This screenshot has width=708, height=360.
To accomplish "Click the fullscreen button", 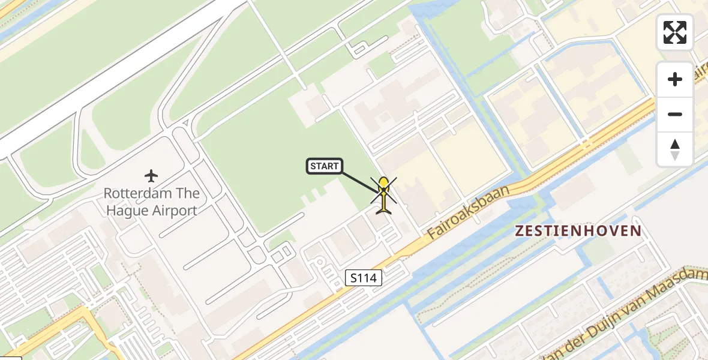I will click(675, 32).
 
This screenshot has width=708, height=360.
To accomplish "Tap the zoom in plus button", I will click(675, 79).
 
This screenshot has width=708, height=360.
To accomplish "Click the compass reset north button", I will click(675, 149).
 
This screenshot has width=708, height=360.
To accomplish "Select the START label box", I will click(325, 166).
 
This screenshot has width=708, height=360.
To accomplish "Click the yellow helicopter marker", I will click(383, 195).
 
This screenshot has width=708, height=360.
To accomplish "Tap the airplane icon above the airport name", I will click(151, 176).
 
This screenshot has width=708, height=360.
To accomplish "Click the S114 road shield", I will click(364, 277).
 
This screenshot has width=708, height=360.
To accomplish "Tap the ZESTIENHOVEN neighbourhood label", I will click(578, 230).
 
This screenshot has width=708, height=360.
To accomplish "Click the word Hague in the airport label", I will click(123, 211).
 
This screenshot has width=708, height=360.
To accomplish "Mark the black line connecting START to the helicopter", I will click(360, 181).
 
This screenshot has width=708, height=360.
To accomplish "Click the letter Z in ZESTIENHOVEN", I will click(520, 230).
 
